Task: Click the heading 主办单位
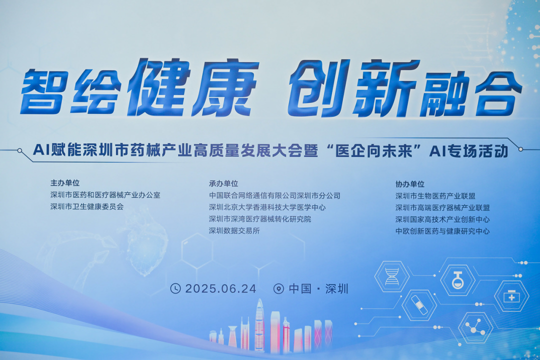click(x=65, y=183)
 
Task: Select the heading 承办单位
click(x=223, y=183)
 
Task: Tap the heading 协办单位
click(x=410, y=184)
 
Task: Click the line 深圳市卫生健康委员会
click(x=86, y=206)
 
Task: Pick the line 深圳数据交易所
click(x=234, y=231)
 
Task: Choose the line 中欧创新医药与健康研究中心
click(x=442, y=231)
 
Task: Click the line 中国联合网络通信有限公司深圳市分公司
click(x=274, y=195)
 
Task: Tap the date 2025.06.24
click(x=220, y=288)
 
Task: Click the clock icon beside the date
click(x=175, y=288)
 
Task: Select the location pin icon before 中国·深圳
click(x=279, y=288)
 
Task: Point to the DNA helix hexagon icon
click(x=392, y=276)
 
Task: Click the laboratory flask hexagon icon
click(x=457, y=280)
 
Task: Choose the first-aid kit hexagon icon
click(x=511, y=296)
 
